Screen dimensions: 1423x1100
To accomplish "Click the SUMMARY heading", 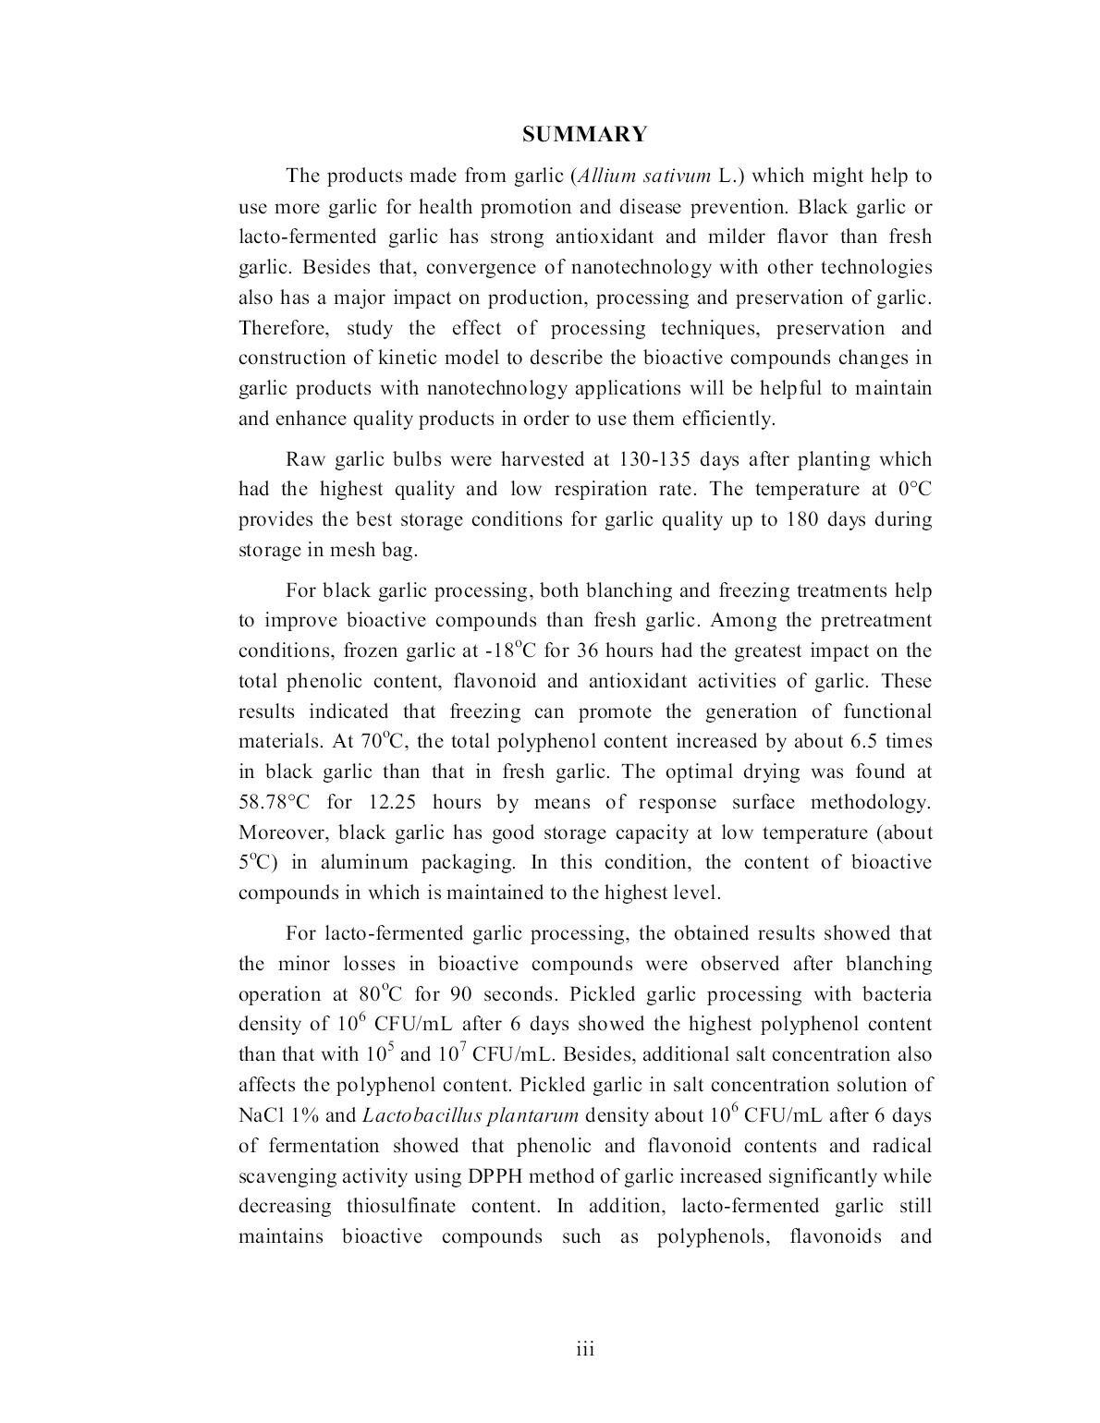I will tap(584, 135).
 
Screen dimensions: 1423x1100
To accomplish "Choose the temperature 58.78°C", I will tap(274, 802).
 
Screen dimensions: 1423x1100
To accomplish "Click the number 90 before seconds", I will tap(461, 994).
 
